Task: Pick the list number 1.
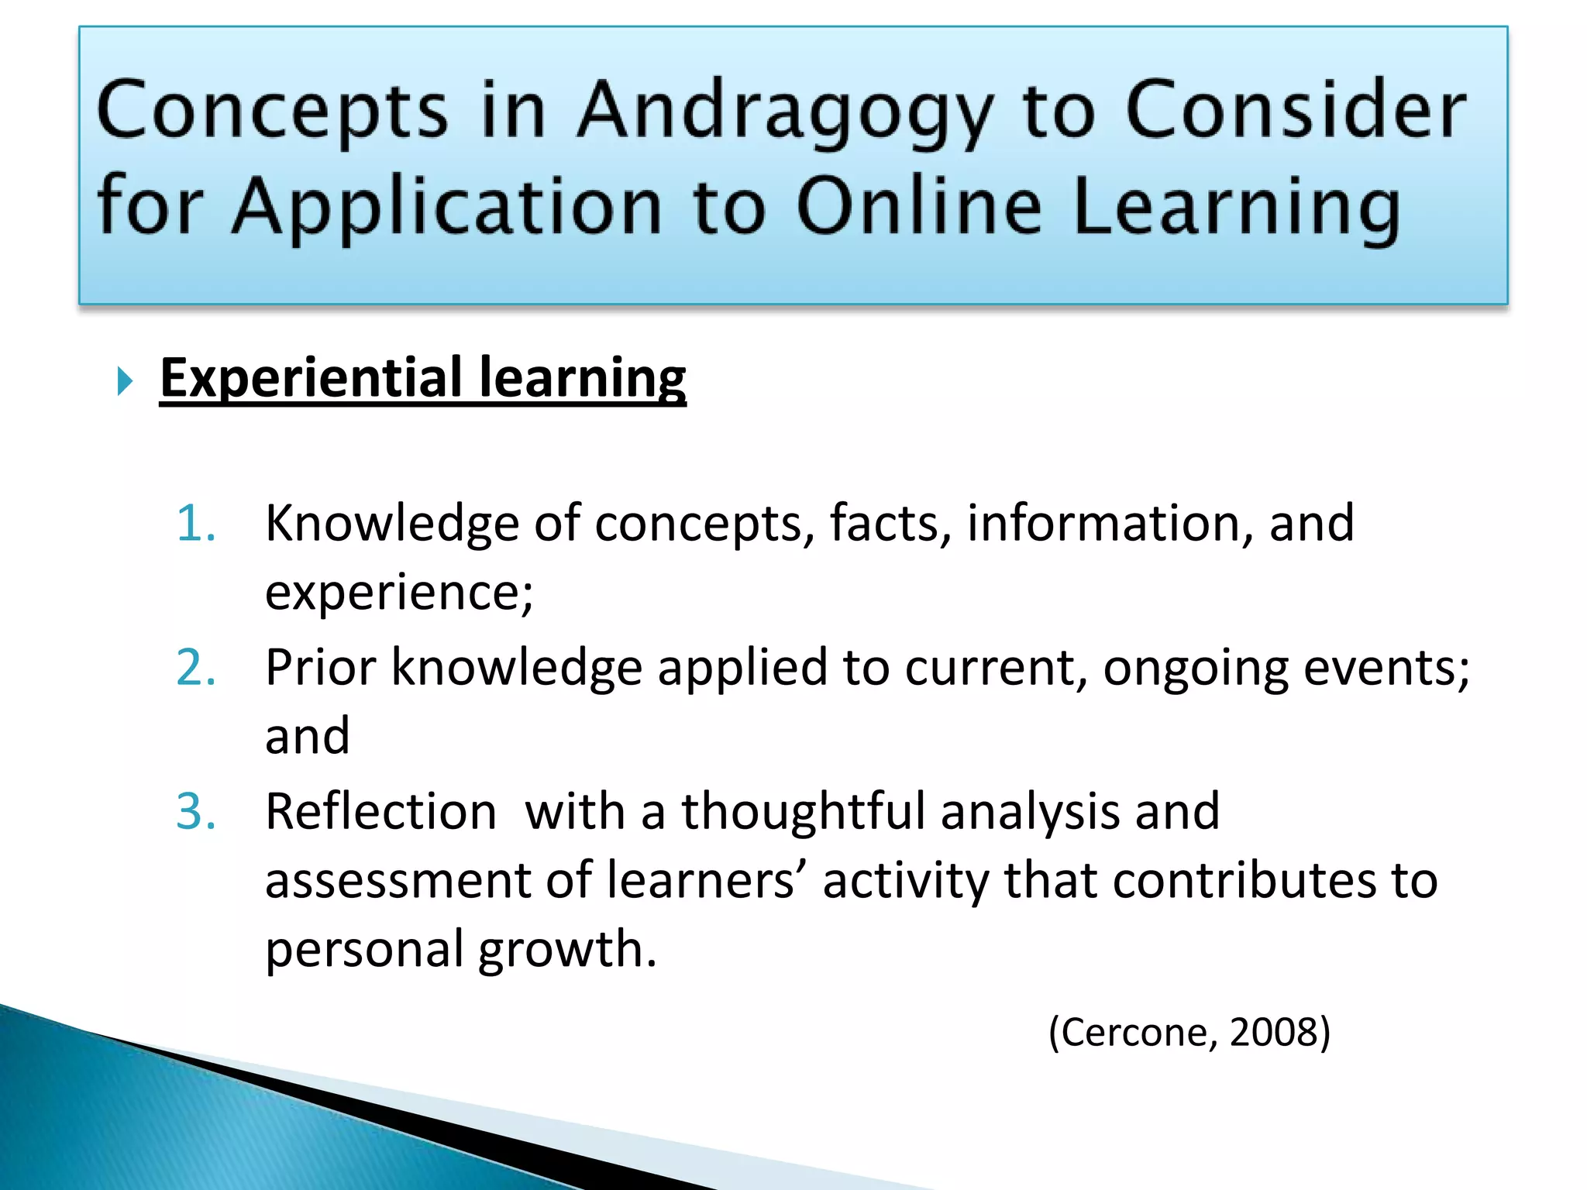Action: point(195,524)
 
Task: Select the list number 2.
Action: point(195,668)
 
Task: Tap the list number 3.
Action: point(195,813)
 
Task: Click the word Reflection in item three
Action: point(380,813)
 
